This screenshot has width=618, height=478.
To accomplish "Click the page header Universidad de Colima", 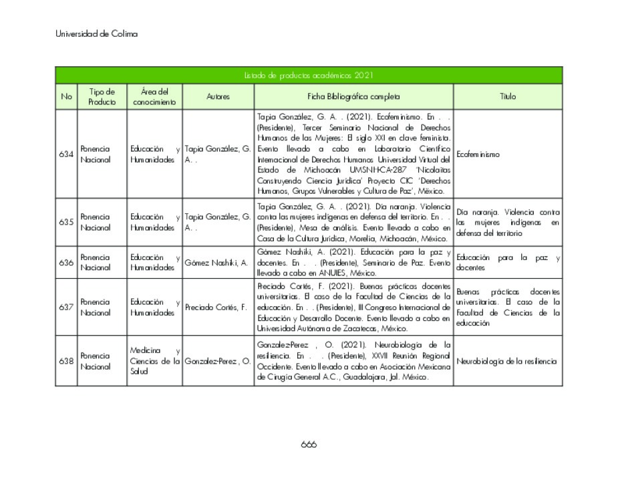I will [x=96, y=34].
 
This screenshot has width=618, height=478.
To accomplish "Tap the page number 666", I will [x=309, y=445].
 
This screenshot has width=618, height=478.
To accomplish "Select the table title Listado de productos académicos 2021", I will [x=309, y=76].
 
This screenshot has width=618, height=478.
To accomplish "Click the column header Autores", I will [x=218, y=97].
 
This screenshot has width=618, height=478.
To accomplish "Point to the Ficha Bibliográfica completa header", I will [x=353, y=97].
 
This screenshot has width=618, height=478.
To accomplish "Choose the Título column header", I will [x=508, y=97].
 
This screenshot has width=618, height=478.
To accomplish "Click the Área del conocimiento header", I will [x=154, y=97].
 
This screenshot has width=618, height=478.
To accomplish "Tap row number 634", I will [x=66, y=154].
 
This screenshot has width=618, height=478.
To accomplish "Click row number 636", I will [x=66, y=263].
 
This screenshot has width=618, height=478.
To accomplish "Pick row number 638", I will [x=66, y=361].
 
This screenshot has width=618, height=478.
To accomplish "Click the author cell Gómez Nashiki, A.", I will [x=216, y=263].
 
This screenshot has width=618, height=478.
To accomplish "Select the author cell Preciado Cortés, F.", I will [x=216, y=308].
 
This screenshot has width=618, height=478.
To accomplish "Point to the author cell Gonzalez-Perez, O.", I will [x=218, y=361].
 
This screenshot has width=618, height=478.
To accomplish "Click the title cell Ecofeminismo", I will [x=478, y=154].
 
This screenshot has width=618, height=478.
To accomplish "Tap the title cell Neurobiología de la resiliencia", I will [x=506, y=361].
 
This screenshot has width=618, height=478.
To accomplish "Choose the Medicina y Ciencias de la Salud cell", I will [x=155, y=361].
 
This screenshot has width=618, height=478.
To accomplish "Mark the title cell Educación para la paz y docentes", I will [x=508, y=263].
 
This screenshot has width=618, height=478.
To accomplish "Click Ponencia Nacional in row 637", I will [x=95, y=308].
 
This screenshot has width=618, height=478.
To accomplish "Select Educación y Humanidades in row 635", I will [x=155, y=222].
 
